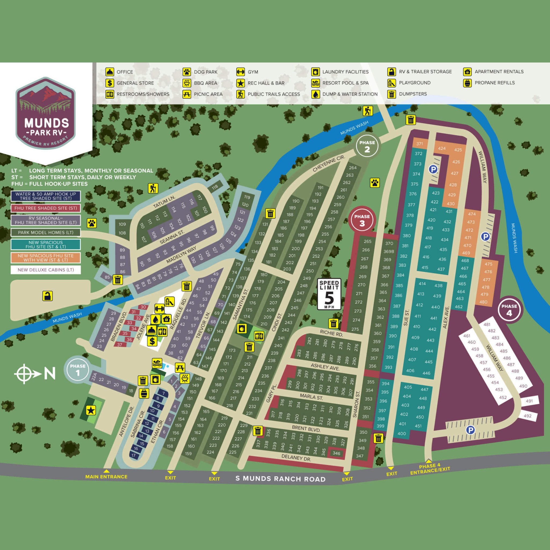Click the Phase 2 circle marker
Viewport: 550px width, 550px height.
click(367, 146)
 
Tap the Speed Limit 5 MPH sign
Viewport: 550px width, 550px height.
click(329, 294)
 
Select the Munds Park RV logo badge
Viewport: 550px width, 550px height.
click(46, 113)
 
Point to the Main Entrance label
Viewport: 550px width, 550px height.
click(106, 477)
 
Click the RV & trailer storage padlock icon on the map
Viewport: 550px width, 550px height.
click(48, 296)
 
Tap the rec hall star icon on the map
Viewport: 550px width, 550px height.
click(91, 410)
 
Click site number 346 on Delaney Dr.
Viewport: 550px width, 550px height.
click(336, 453)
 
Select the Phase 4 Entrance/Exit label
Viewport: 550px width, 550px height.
click(430, 468)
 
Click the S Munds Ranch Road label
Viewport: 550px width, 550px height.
click(280, 479)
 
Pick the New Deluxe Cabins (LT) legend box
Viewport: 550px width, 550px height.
click(46, 270)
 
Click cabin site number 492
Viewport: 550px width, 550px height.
click(527, 416)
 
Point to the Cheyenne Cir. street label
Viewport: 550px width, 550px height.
click(328, 163)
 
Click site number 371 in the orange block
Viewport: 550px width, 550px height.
click(419, 144)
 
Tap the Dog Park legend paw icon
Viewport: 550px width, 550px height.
click(187, 72)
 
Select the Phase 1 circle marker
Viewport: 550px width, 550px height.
click(77, 369)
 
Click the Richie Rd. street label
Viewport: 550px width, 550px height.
click(331, 333)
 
